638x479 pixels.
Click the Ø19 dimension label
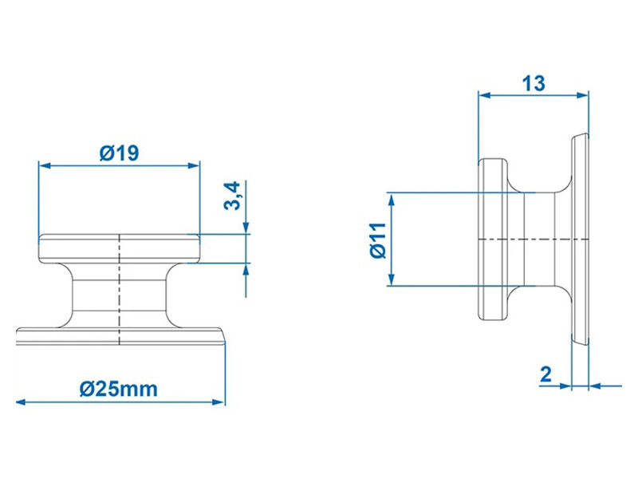119,153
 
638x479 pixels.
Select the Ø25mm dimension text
118,389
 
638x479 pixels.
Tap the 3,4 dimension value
233,196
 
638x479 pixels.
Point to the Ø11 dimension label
378,240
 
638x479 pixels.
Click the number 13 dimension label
534,84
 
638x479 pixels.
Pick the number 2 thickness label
545,374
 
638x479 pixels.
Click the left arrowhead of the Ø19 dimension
45,165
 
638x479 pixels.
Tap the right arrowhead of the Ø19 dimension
194,165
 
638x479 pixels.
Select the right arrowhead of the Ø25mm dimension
219,402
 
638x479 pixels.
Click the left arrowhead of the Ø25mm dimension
22,402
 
